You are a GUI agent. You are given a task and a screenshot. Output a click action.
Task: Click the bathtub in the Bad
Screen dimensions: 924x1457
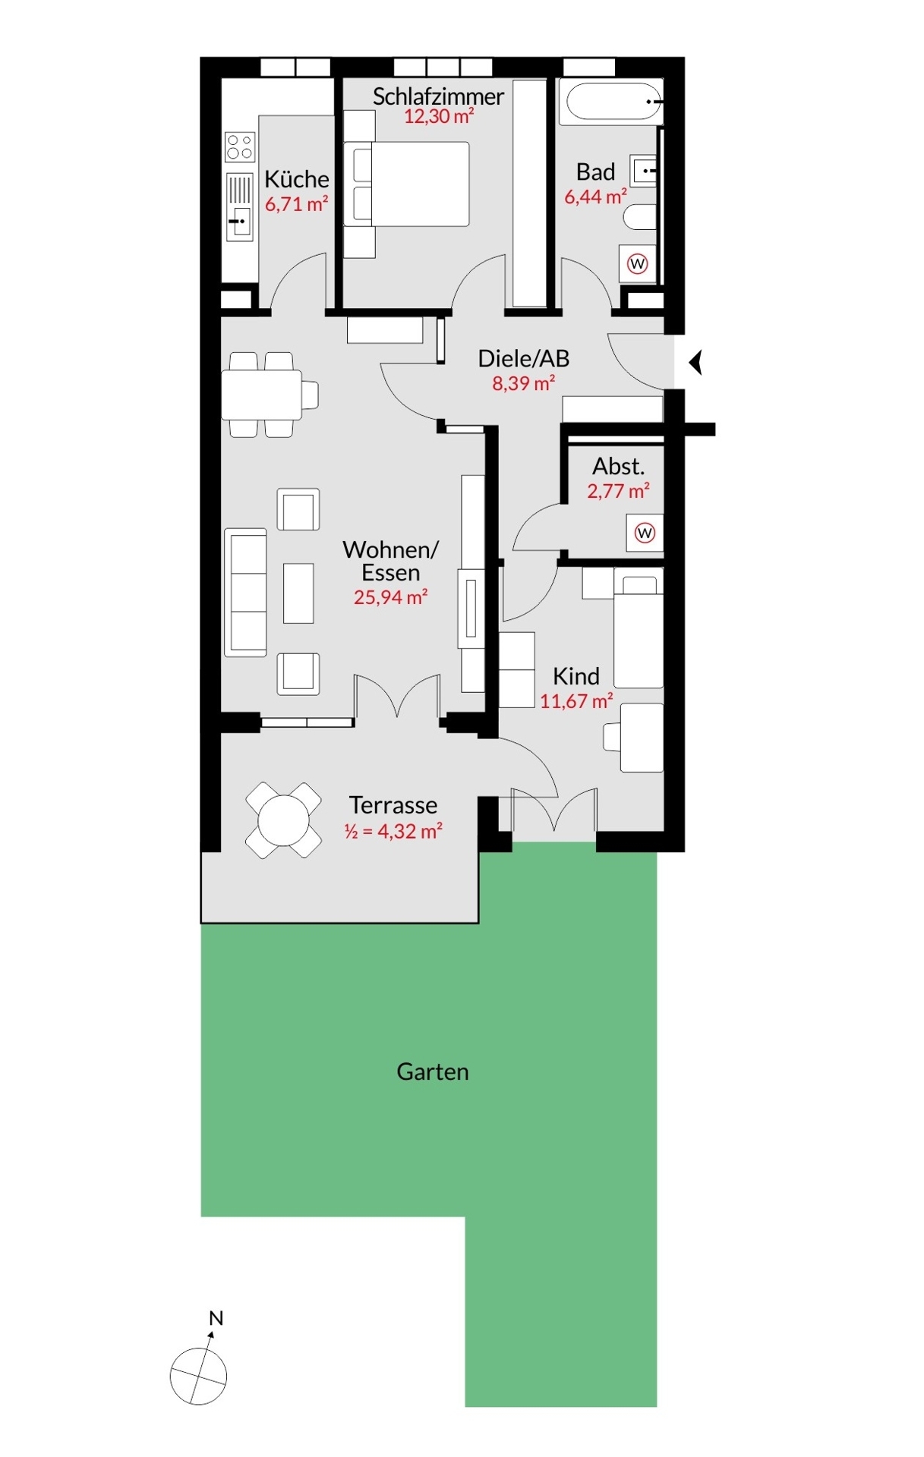pyautogui.click(x=611, y=102)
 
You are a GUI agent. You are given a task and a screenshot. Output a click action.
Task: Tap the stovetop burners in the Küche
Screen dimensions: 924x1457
pyautogui.click(x=240, y=146)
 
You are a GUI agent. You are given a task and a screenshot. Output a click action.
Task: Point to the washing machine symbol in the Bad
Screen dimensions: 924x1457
pyautogui.click(x=637, y=264)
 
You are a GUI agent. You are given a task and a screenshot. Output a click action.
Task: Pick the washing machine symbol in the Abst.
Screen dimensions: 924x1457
pyautogui.click(x=645, y=533)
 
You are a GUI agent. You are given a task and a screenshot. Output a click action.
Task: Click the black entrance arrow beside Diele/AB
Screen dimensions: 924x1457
pyautogui.click(x=695, y=362)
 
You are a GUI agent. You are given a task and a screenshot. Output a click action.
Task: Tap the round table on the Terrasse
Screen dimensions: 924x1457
pyautogui.click(x=283, y=820)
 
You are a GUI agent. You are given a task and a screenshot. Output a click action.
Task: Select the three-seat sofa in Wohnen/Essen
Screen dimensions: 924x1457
pyautogui.click(x=245, y=593)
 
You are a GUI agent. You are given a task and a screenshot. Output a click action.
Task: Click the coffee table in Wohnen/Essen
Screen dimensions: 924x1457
pyautogui.click(x=298, y=593)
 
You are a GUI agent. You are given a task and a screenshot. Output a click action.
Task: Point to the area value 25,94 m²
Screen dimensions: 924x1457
pyautogui.click(x=390, y=597)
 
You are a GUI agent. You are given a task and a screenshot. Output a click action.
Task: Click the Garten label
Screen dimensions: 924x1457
pyautogui.click(x=433, y=1072)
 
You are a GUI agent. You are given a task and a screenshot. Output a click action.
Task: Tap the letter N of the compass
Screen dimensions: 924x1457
pyautogui.click(x=216, y=1318)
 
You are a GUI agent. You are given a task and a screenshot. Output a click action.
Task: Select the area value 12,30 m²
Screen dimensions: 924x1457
pyautogui.click(x=439, y=116)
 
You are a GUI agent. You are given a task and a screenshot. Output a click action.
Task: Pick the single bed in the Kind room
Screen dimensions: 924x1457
pyautogui.click(x=639, y=631)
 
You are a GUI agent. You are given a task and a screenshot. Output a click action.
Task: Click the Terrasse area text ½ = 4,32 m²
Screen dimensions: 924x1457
pyautogui.click(x=393, y=831)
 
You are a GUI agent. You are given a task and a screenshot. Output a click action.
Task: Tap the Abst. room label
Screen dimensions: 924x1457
pyautogui.click(x=618, y=466)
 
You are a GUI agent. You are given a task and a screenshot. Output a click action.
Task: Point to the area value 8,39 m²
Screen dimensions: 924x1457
pyautogui.click(x=523, y=383)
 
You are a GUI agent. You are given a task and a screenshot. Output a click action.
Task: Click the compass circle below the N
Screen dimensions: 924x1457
pyautogui.click(x=198, y=1376)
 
